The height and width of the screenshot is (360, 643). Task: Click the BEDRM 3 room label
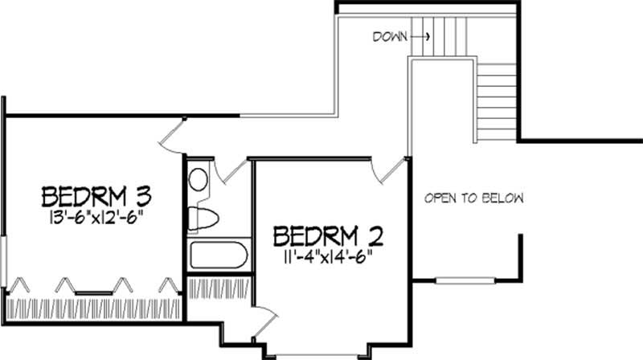click(97, 196)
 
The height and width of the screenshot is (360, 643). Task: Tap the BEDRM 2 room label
click(327, 236)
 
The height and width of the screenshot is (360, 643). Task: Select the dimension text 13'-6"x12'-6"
click(97, 216)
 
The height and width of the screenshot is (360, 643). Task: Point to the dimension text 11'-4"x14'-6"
click(327, 257)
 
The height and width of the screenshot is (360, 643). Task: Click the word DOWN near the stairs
click(389, 36)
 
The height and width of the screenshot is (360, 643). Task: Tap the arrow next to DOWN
click(422, 36)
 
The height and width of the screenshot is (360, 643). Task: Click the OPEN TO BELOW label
click(474, 198)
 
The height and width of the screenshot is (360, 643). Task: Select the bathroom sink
click(198, 178)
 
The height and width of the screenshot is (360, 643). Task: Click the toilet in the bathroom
click(201, 218)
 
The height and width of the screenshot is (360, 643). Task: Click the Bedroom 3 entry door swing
click(173, 134)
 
